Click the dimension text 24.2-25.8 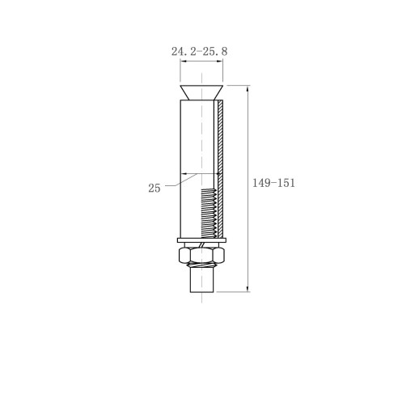pos(199,51)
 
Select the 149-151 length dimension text pos(273,183)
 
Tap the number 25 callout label pos(154,188)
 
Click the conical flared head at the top pos(201,93)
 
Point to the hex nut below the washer pos(201,255)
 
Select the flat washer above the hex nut pos(201,240)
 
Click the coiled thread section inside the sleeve pos(209,213)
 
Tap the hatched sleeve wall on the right pos(221,169)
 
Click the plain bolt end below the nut pos(202,281)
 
